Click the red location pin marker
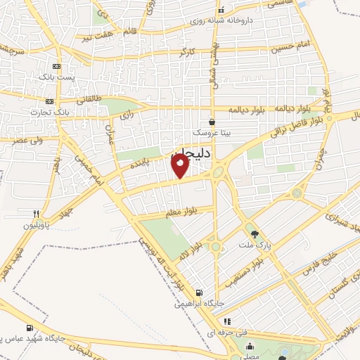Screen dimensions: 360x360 tap(181, 166)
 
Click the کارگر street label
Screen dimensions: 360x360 tap(186, 52)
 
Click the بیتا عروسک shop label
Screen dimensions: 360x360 tap(212, 133)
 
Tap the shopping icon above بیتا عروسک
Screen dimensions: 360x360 tap(212, 122)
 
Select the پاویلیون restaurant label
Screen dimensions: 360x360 tap(37, 225)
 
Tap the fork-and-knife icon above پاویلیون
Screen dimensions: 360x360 tap(36, 214)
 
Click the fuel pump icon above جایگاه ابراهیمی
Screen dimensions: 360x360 tap(199, 292)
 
